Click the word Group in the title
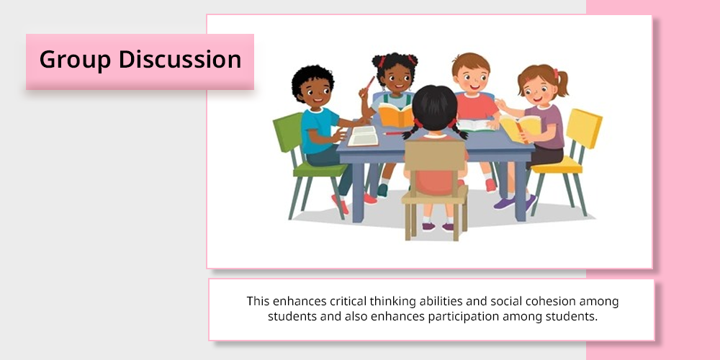pos(76,60)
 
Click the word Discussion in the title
pos(180,59)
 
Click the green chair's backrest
pos(288,132)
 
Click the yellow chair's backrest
pos(583,129)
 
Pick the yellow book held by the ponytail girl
pos(520,127)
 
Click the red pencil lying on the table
pos(395,134)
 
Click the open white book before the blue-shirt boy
pos(363,136)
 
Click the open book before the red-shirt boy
pos(475,125)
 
